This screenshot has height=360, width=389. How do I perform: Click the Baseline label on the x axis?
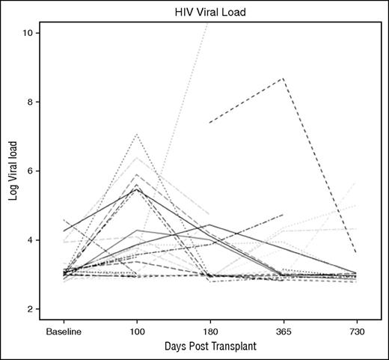pos(64,331)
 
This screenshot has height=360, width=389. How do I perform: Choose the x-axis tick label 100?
pos(136,331)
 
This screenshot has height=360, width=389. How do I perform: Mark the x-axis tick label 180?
pos(209,331)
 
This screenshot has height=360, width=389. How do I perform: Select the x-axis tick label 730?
pos(354,331)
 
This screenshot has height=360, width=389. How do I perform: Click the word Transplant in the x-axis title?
pos(233,348)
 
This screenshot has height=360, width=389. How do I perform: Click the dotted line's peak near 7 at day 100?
pos(136,134)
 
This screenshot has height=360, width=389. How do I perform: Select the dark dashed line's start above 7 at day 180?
pos(209,122)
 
